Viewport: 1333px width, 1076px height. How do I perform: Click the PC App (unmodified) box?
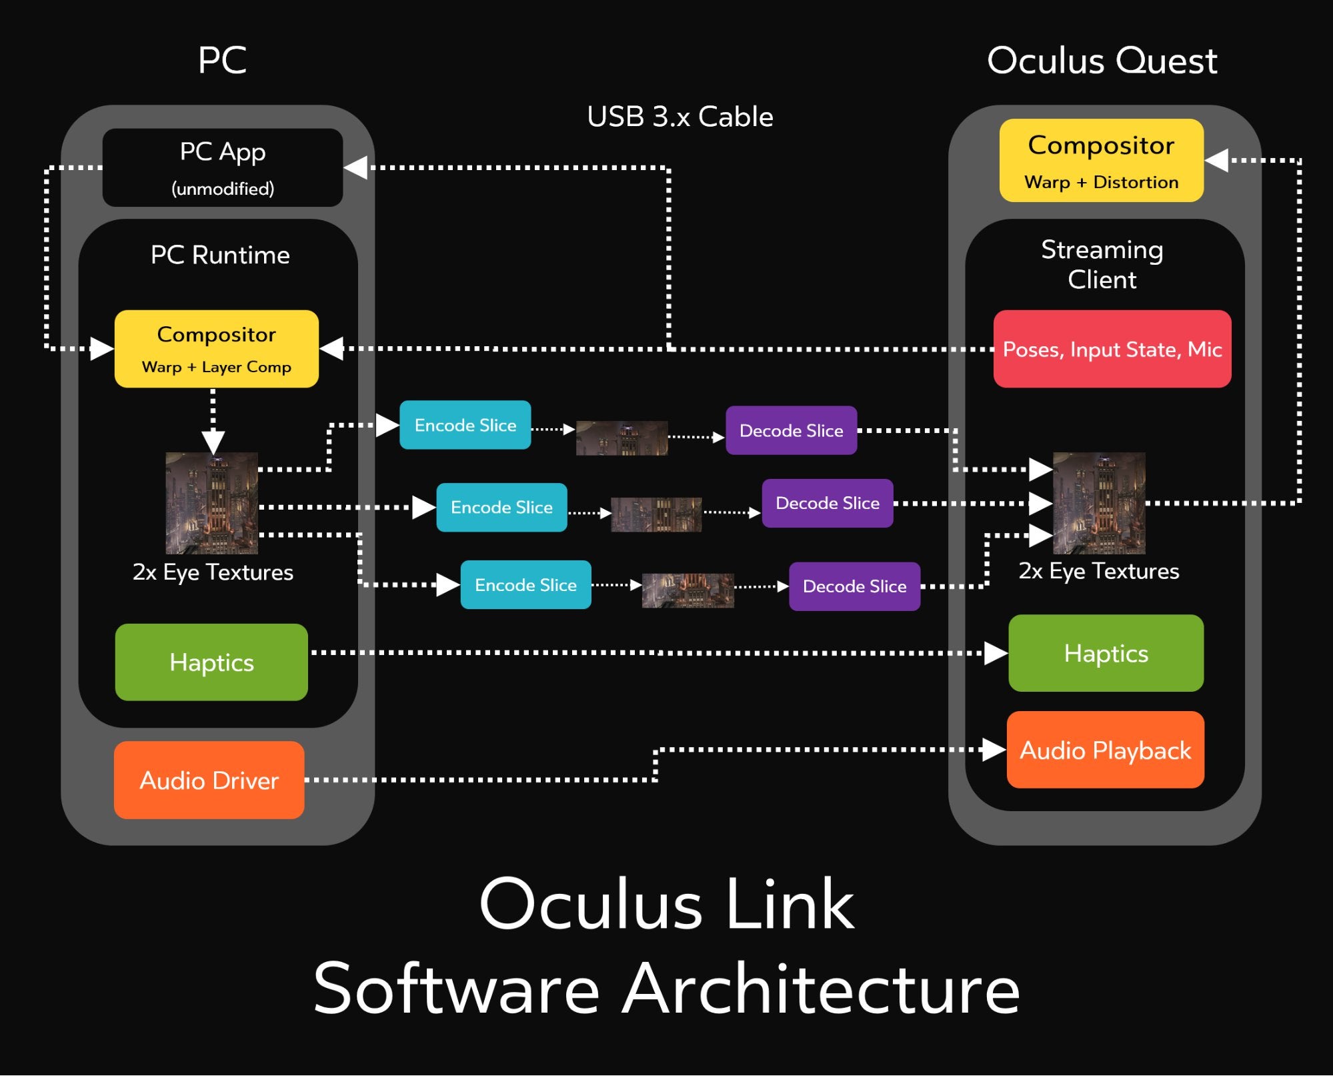pos(222,167)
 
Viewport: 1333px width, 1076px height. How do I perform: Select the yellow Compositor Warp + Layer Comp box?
pos(216,348)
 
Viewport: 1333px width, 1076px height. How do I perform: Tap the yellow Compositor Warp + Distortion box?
pos(1101,160)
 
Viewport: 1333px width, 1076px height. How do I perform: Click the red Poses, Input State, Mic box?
pos(1112,348)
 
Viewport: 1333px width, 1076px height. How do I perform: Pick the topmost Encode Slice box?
pos(465,425)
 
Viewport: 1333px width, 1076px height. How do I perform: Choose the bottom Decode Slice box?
pos(854,586)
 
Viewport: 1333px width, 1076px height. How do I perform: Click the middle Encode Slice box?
pos(501,507)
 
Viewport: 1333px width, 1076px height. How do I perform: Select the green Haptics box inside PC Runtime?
pos(211,662)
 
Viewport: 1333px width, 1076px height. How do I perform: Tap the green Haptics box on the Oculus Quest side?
pos(1106,653)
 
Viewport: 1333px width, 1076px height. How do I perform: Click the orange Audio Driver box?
pos(209,780)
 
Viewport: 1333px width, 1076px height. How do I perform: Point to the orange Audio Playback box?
pos(1105,750)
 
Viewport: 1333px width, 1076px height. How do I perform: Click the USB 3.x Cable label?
pos(680,117)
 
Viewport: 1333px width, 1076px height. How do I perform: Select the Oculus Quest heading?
pos(1102,61)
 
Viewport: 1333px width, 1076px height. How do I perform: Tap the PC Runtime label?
pos(220,255)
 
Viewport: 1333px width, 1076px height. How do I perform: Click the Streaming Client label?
pos(1102,264)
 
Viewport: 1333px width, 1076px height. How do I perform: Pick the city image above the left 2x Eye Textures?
pos(211,503)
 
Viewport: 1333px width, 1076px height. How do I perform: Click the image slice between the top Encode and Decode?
pos(621,438)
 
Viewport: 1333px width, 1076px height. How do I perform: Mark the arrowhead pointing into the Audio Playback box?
pos(994,749)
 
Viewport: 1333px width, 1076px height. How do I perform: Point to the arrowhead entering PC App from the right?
pos(356,167)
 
